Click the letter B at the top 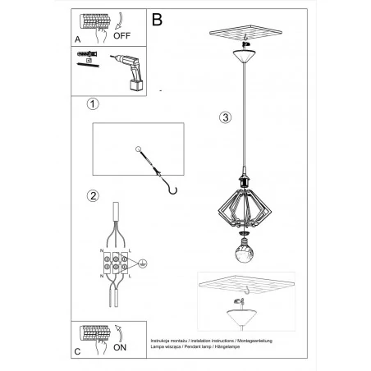tap(158, 16)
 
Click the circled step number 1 tap(93, 105)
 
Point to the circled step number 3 tap(224, 117)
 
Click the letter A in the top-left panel tap(77, 38)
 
